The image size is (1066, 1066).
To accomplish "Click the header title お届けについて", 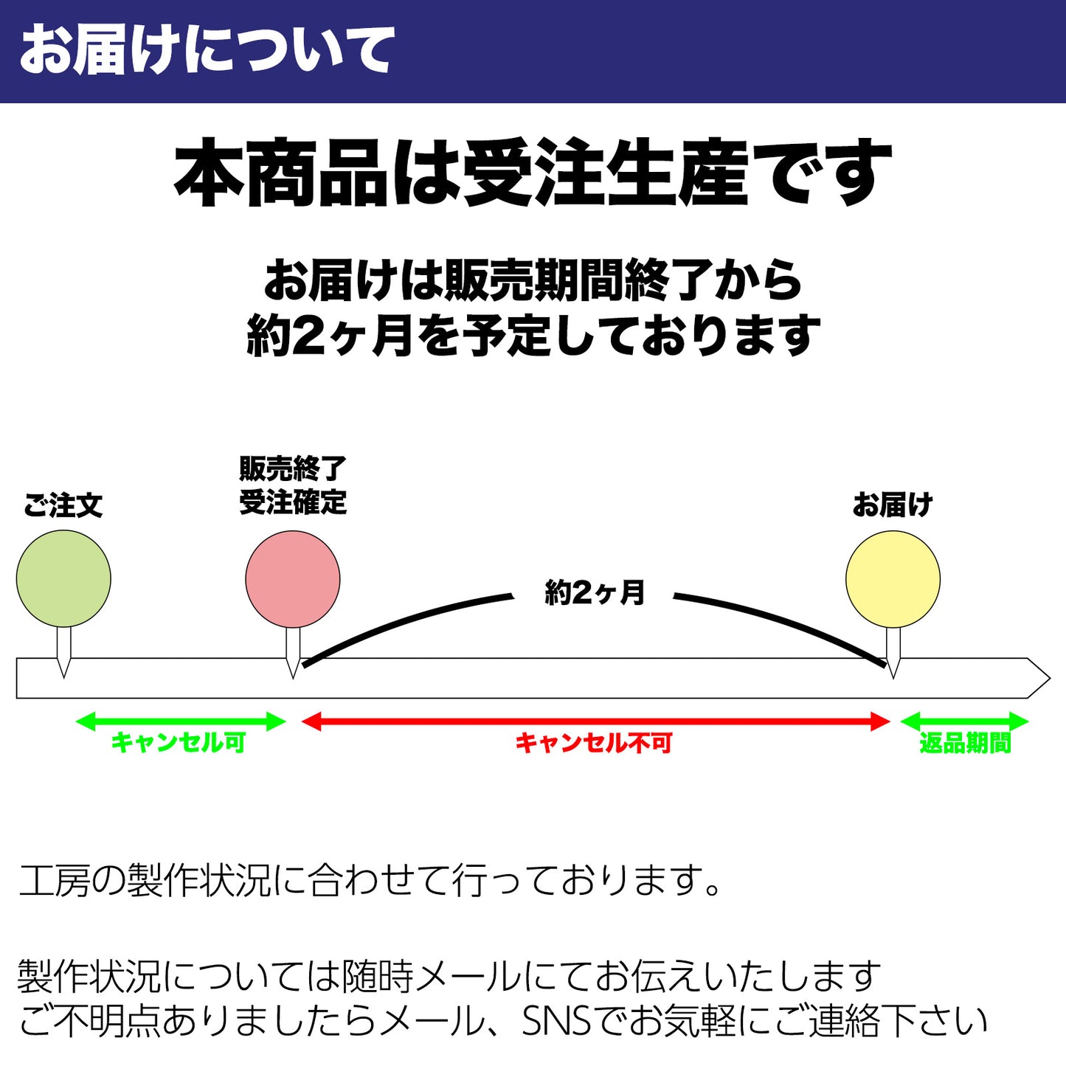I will point(207,50).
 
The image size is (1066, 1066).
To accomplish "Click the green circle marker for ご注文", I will point(63,578).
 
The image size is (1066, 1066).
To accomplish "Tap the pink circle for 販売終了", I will point(293,578).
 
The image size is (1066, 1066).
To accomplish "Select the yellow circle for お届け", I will point(893,578).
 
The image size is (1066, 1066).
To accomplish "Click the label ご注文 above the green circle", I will point(63,506).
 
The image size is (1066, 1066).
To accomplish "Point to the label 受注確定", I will point(293,503).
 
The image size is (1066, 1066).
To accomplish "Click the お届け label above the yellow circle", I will point(893,506).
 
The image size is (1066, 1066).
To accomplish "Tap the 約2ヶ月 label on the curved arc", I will point(595,592).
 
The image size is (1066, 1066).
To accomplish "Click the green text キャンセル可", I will point(179,742).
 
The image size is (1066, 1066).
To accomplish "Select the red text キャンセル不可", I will point(594,743).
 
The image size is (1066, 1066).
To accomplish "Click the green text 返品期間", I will point(965,743).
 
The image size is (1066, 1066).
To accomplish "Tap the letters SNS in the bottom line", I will point(557,1022).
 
